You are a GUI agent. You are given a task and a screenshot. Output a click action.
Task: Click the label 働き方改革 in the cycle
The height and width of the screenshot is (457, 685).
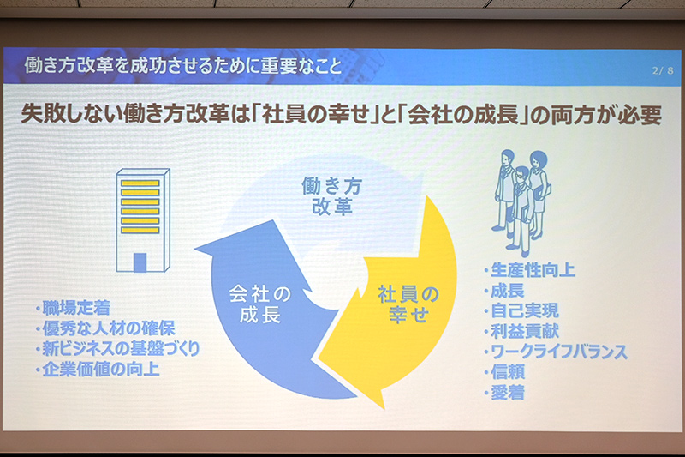click(326, 195)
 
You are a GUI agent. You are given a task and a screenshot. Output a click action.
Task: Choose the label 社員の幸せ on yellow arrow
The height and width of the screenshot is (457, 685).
click(408, 304)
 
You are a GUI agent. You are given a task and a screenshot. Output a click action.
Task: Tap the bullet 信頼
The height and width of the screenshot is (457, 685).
click(508, 373)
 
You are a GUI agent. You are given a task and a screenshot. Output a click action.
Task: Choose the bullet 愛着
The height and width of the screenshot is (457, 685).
click(508, 394)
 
